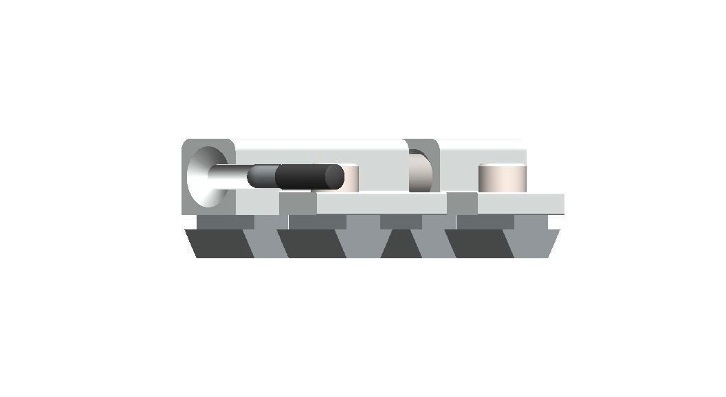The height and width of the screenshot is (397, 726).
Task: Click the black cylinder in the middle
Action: point(306,177)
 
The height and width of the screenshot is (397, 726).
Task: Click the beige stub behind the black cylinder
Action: point(351,178)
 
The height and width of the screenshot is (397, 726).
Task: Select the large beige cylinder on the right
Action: point(503,178)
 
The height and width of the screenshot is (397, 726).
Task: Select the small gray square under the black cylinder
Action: point(298,204)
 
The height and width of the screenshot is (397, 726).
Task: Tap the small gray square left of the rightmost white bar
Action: point(462,204)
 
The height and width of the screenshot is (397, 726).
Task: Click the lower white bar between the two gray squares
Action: point(382,204)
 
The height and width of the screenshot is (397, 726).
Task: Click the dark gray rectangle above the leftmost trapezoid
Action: point(225,222)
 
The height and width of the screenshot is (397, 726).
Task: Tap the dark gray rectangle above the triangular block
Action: point(401,222)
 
